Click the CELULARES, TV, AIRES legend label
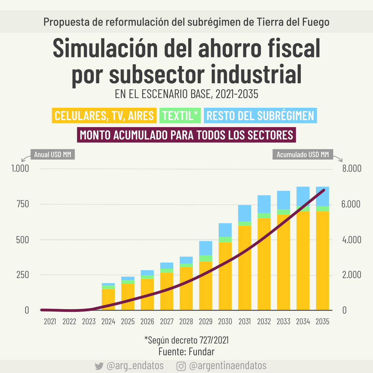pyautogui.click(x=104, y=116)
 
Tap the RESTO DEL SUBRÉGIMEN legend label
pyautogui.click(x=260, y=116)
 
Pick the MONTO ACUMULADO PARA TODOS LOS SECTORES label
pyautogui.click(x=186, y=135)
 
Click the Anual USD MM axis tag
pyautogui.click(x=52, y=154)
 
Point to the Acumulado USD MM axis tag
pyautogui.click(x=303, y=154)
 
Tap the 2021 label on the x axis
pyautogui.click(x=50, y=322)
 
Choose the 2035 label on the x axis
pyautogui.click(x=322, y=322)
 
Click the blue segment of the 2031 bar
pyautogui.click(x=245, y=213)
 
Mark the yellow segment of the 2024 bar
pyautogui.click(x=108, y=299)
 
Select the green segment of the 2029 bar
pyautogui.click(x=205, y=258)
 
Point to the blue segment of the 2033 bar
pyautogui.click(x=284, y=200)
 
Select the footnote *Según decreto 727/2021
pyautogui.click(x=186, y=340)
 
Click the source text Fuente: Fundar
pyautogui.click(x=186, y=352)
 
